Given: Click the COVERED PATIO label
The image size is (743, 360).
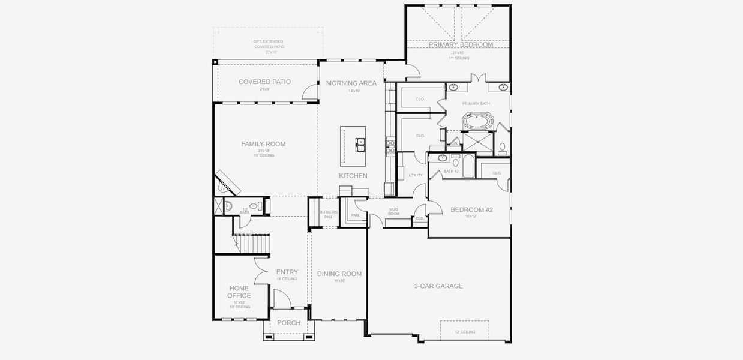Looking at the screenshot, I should point(264,82).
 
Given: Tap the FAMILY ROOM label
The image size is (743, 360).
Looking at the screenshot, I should point(263,144).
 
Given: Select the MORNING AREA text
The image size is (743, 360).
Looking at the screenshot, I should point(351,83).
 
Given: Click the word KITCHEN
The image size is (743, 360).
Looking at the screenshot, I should point(353,176).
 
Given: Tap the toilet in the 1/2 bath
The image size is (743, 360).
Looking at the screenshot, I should point(254,206).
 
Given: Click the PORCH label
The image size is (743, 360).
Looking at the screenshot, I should point(288,323).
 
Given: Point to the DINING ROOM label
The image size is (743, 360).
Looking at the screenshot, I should point(339,274).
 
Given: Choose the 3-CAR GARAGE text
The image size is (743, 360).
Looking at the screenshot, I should point(438,286).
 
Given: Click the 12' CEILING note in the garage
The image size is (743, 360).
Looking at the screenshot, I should point(465,332).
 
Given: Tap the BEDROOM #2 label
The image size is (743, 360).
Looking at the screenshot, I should point(471,209).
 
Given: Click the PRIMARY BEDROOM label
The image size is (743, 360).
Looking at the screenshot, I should point(461,45).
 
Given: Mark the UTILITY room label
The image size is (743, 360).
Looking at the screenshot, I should point(416,175).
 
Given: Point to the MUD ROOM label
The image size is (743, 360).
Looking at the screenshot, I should point(393,211).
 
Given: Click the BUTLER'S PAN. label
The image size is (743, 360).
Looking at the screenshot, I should point(329,214).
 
